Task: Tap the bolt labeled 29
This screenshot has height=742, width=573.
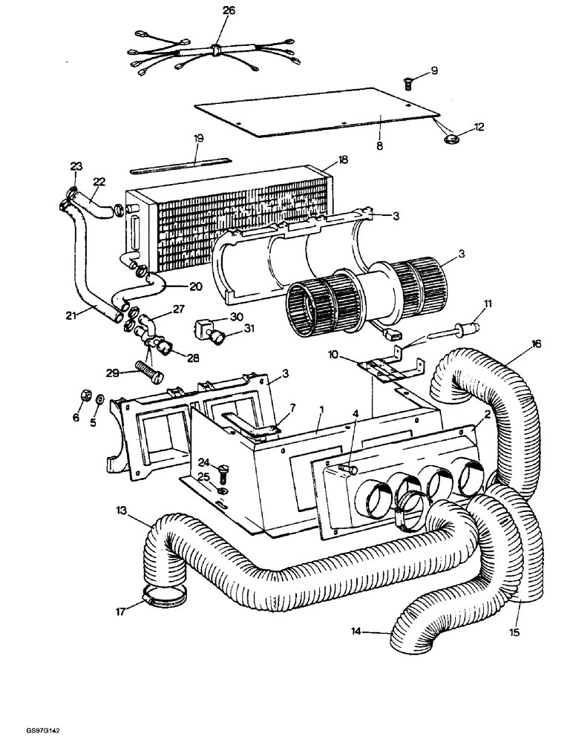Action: click(149, 368)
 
